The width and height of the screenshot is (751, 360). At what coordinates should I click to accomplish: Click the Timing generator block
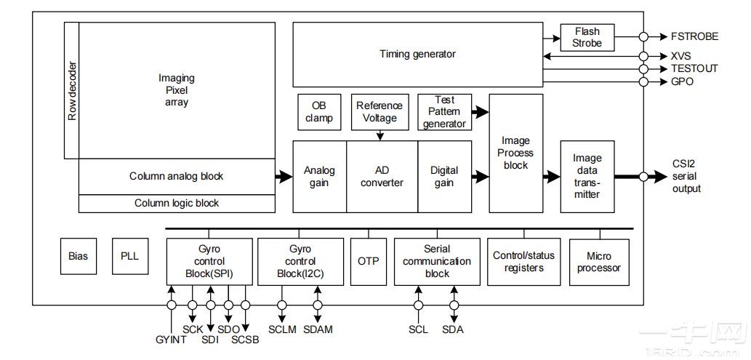[417, 55]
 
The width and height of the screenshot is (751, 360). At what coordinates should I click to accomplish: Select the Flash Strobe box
[587, 37]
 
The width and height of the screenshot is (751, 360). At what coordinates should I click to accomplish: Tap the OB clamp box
[318, 111]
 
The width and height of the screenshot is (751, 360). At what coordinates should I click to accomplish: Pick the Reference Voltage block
[379, 111]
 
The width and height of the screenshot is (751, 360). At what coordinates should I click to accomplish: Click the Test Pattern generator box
[443, 111]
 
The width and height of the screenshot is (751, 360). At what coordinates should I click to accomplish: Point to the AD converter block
[382, 177]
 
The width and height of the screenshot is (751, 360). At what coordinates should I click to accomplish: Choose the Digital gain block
[444, 177]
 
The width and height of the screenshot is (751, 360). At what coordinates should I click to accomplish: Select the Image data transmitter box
[587, 177]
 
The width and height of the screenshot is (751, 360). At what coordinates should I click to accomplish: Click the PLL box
[129, 256]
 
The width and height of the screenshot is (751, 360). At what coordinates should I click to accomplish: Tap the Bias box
[78, 256]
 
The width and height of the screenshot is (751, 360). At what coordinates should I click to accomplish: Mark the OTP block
[368, 260]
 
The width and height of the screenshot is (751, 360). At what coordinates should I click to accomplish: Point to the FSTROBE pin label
[695, 36]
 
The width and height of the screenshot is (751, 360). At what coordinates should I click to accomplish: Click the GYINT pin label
[172, 340]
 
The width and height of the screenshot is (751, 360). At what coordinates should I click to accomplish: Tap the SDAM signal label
[317, 329]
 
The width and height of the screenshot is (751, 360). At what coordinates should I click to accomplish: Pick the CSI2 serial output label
[687, 176]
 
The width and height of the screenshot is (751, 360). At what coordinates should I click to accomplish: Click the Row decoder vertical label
[71, 90]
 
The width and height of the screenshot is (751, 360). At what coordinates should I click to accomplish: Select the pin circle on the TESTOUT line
[643, 68]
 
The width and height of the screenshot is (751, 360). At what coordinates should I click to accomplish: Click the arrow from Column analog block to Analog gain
[284, 176]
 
